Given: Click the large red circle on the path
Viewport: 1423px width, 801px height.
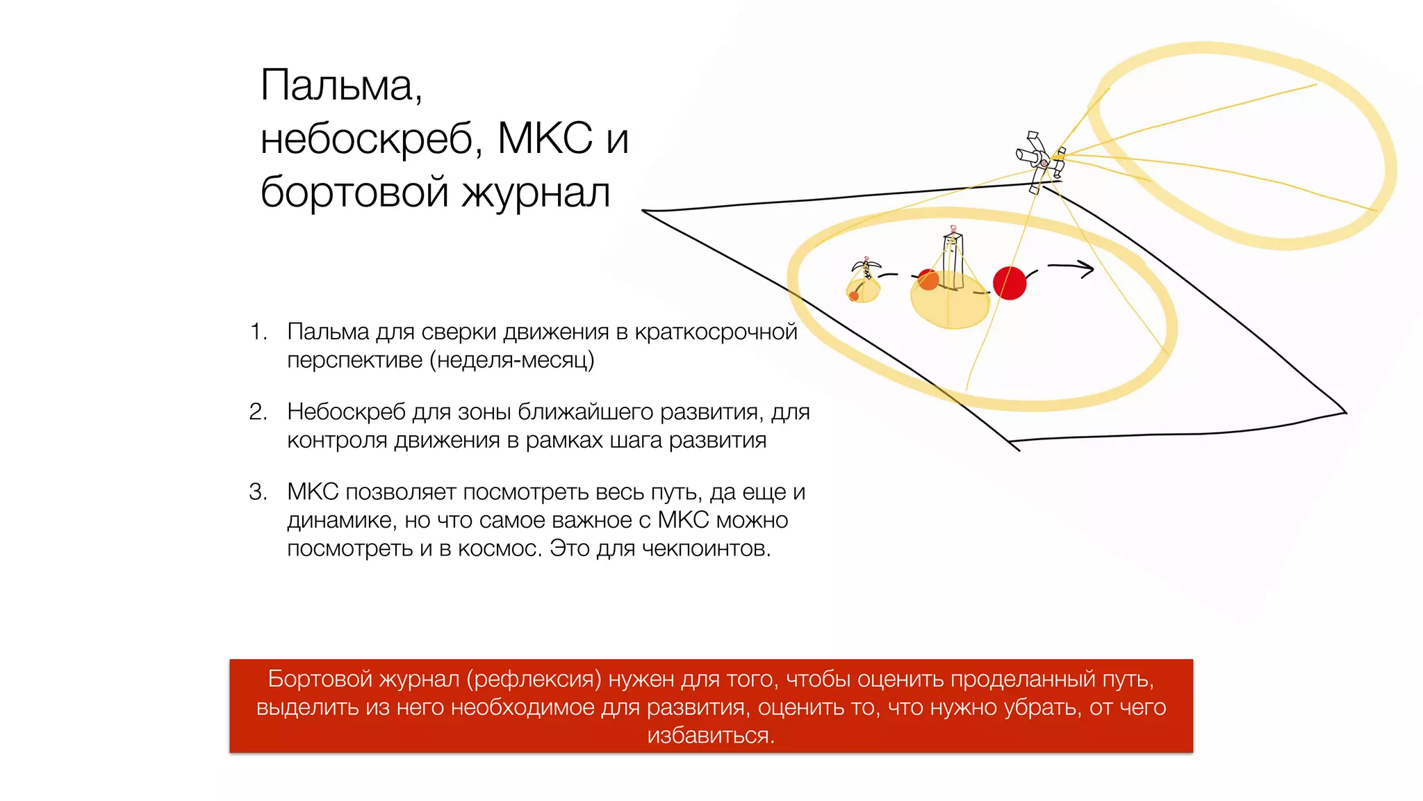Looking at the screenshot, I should click(1010, 283).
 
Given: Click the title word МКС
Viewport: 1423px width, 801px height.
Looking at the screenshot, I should click(545, 138).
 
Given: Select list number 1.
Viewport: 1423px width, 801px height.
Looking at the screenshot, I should click(258, 332).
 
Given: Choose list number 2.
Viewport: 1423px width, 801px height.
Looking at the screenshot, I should click(258, 412).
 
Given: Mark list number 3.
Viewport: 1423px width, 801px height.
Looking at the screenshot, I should click(258, 492).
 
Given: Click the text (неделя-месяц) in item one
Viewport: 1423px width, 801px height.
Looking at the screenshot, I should click(511, 360).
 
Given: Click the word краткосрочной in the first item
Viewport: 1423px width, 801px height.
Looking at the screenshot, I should click(716, 332).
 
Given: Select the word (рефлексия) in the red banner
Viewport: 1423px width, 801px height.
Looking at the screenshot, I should click(534, 679).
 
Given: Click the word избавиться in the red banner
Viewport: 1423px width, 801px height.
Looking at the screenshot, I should click(711, 736).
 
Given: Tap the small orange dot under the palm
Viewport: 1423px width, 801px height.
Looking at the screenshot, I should click(854, 296).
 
